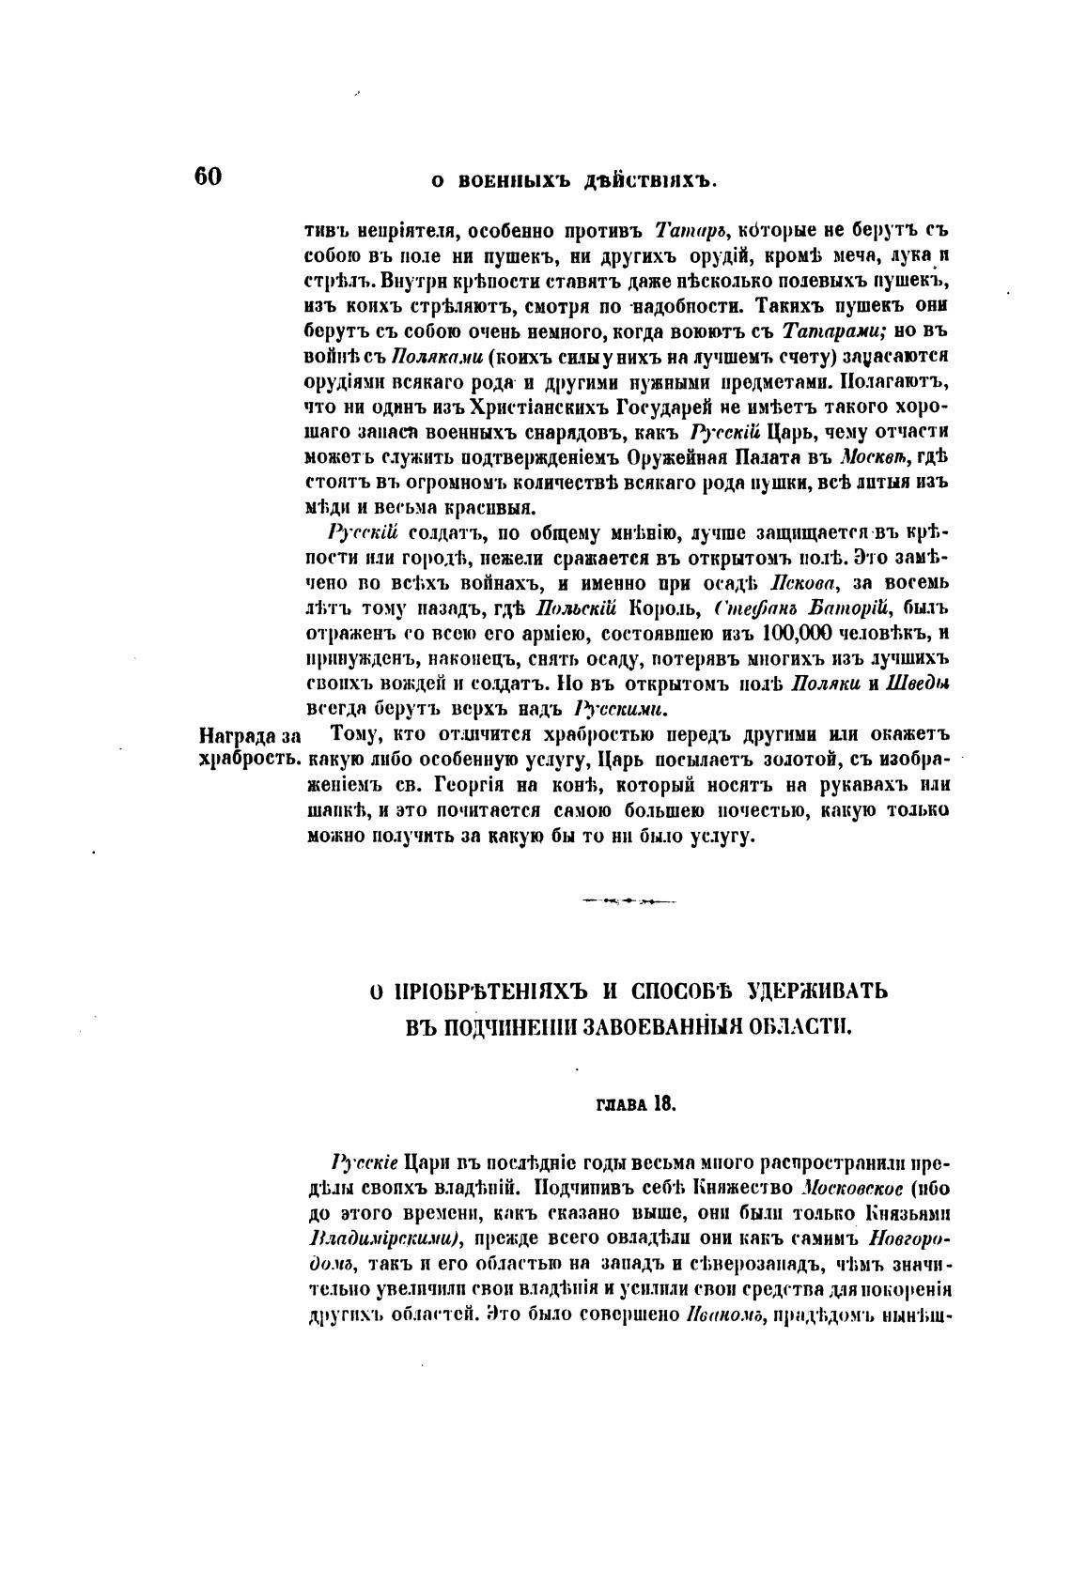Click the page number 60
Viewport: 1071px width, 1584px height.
208,177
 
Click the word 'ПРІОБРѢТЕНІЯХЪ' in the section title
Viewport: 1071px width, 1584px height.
492,991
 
